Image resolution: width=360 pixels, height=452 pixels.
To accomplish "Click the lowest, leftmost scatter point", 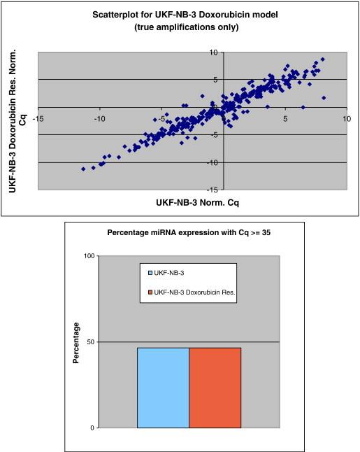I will (83, 169).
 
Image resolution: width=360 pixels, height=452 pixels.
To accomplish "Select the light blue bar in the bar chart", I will (163, 388).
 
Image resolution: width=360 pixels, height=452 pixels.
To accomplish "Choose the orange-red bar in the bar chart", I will (215, 388).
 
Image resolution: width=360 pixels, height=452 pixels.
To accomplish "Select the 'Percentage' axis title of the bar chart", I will (78, 342).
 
